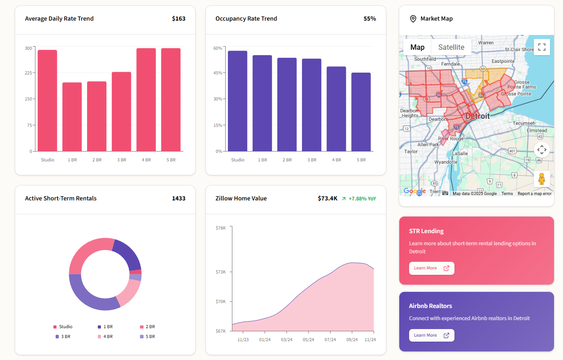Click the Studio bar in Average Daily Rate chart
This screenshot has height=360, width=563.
pyautogui.click(x=47, y=100)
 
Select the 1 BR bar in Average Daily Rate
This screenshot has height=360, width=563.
pyautogui.click(x=72, y=117)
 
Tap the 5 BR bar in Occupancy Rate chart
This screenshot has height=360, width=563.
pyautogui.click(x=361, y=112)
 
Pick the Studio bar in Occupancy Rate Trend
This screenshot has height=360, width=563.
pyautogui.click(x=237, y=101)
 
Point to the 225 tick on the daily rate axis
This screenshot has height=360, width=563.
pyautogui.click(x=28, y=73)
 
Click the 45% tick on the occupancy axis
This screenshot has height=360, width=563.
pyautogui.click(x=218, y=73)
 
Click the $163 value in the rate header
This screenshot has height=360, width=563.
pyautogui.click(x=179, y=19)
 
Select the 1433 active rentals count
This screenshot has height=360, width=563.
pyautogui.click(x=179, y=199)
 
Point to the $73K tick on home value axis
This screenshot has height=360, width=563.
pyautogui.click(x=221, y=272)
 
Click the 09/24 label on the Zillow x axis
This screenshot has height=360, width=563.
pyautogui.click(x=352, y=340)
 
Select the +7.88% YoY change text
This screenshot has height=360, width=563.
pyautogui.click(x=362, y=199)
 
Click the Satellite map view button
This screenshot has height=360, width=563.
pyautogui.click(x=451, y=47)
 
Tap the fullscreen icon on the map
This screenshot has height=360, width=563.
pyautogui.click(x=541, y=47)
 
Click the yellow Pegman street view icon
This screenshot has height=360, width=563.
pyautogui.click(x=541, y=178)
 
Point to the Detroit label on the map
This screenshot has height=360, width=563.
pyautogui.click(x=477, y=116)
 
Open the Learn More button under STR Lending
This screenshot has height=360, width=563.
pyautogui.click(x=431, y=268)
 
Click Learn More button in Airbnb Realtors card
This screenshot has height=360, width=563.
pyautogui.click(x=431, y=335)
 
